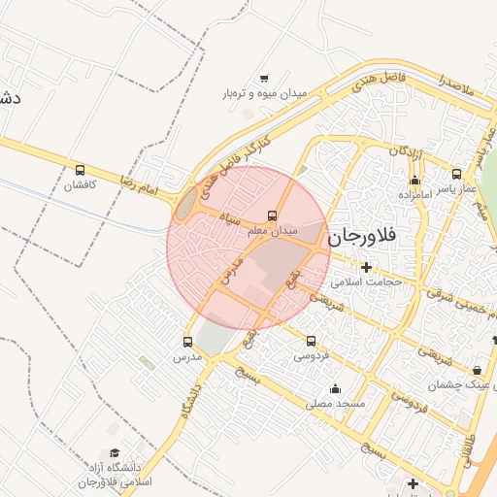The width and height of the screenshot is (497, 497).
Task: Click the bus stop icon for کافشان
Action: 80,170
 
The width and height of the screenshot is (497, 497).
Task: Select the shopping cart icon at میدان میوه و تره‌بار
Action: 264,79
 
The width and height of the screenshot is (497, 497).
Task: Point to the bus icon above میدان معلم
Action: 272,215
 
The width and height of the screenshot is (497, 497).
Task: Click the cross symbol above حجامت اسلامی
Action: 366,267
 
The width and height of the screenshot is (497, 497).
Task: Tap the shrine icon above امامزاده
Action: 414,180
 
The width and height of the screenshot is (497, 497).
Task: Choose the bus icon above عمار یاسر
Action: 456,175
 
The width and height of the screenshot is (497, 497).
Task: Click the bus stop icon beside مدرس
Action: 188,342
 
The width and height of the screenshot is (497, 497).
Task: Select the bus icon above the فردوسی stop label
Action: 311,341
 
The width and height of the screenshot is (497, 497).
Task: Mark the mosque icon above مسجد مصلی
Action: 336,387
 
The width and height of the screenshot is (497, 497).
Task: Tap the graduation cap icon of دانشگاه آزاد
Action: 115,453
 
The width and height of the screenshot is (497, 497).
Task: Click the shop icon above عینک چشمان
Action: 477,370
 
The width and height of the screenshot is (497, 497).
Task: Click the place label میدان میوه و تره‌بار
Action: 265,94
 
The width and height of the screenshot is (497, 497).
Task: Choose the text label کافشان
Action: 80,185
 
